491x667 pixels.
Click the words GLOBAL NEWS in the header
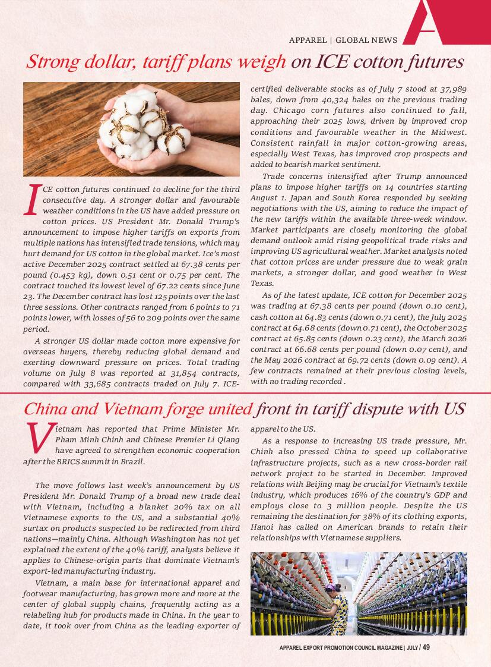coord(366,40)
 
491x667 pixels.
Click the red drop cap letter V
coord(38,439)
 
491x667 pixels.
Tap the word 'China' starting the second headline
coord(45,410)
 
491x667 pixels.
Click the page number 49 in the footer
coord(426,647)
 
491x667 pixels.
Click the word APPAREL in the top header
coord(308,40)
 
